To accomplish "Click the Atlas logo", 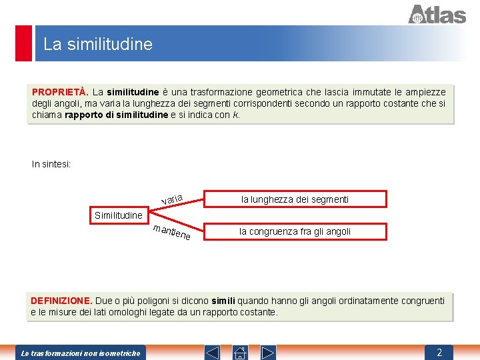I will [x=437, y=14].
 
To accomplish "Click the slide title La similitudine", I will [x=98, y=45].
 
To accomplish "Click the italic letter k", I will [x=235, y=115].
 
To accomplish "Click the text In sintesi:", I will [x=51, y=164].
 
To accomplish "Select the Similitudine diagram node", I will [x=119, y=215].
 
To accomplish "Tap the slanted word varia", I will [x=172, y=198].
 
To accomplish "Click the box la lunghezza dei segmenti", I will [x=295, y=199].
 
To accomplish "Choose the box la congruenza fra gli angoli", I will [x=295, y=231].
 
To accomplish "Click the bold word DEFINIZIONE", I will [x=61, y=301].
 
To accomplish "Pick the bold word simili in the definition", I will [x=223, y=301].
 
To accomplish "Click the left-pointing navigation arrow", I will [x=211, y=352].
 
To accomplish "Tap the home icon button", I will [x=240, y=352].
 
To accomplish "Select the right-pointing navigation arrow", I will [x=268, y=352].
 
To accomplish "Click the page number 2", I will [x=439, y=352].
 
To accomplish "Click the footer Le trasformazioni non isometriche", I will [x=81, y=353].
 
